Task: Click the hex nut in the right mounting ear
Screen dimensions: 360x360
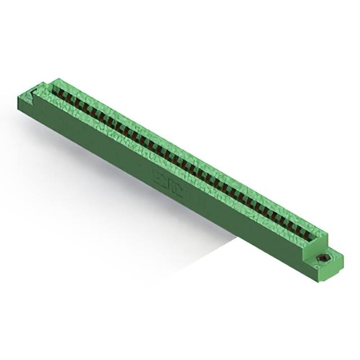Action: [x=324, y=258]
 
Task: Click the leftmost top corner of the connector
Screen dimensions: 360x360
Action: [x=18, y=96]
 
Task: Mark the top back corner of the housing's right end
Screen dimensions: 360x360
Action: [x=327, y=231]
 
